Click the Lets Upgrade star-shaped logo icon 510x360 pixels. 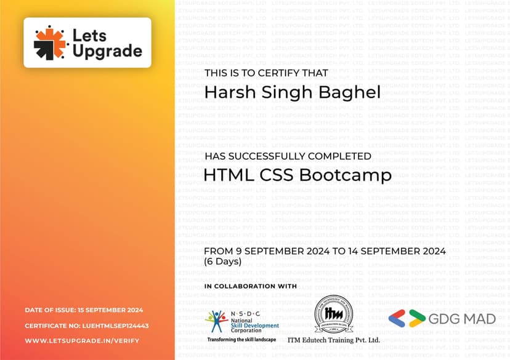pyautogui.click(x=50, y=42)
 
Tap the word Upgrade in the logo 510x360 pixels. pyautogui.click(x=107, y=51)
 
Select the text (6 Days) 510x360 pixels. pyautogui.click(x=223, y=262)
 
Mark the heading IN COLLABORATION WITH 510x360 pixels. pyautogui.click(x=251, y=286)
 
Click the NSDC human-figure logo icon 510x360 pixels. pyautogui.click(x=216, y=321)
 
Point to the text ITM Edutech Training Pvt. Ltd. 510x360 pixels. pyautogui.click(x=334, y=340)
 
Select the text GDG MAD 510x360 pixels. pyautogui.click(x=453, y=319)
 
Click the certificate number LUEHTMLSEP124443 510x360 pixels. pyautogui.click(x=115, y=326)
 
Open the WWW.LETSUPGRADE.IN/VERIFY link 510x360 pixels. pyautogui.click(x=82, y=341)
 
